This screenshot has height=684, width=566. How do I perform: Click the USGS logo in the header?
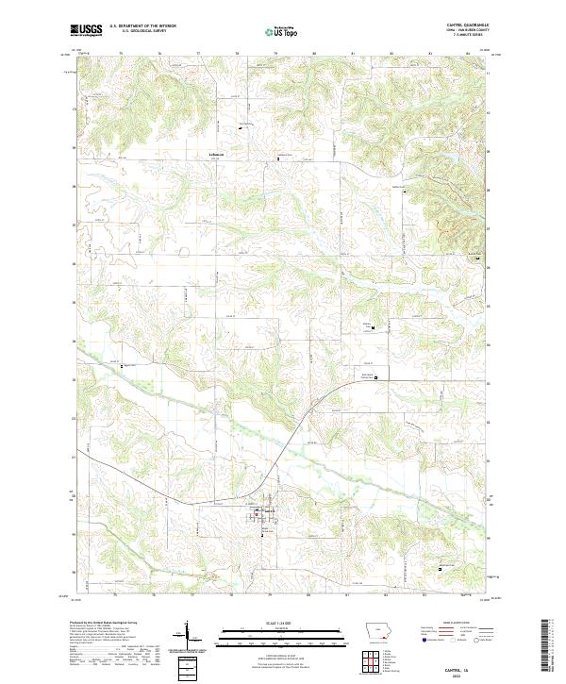(x=86, y=30)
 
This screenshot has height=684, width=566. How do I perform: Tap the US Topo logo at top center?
(x=283, y=31)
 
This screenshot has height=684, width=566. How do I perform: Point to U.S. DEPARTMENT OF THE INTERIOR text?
(x=142, y=26)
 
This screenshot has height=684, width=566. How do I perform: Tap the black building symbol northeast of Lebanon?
(x=239, y=129)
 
